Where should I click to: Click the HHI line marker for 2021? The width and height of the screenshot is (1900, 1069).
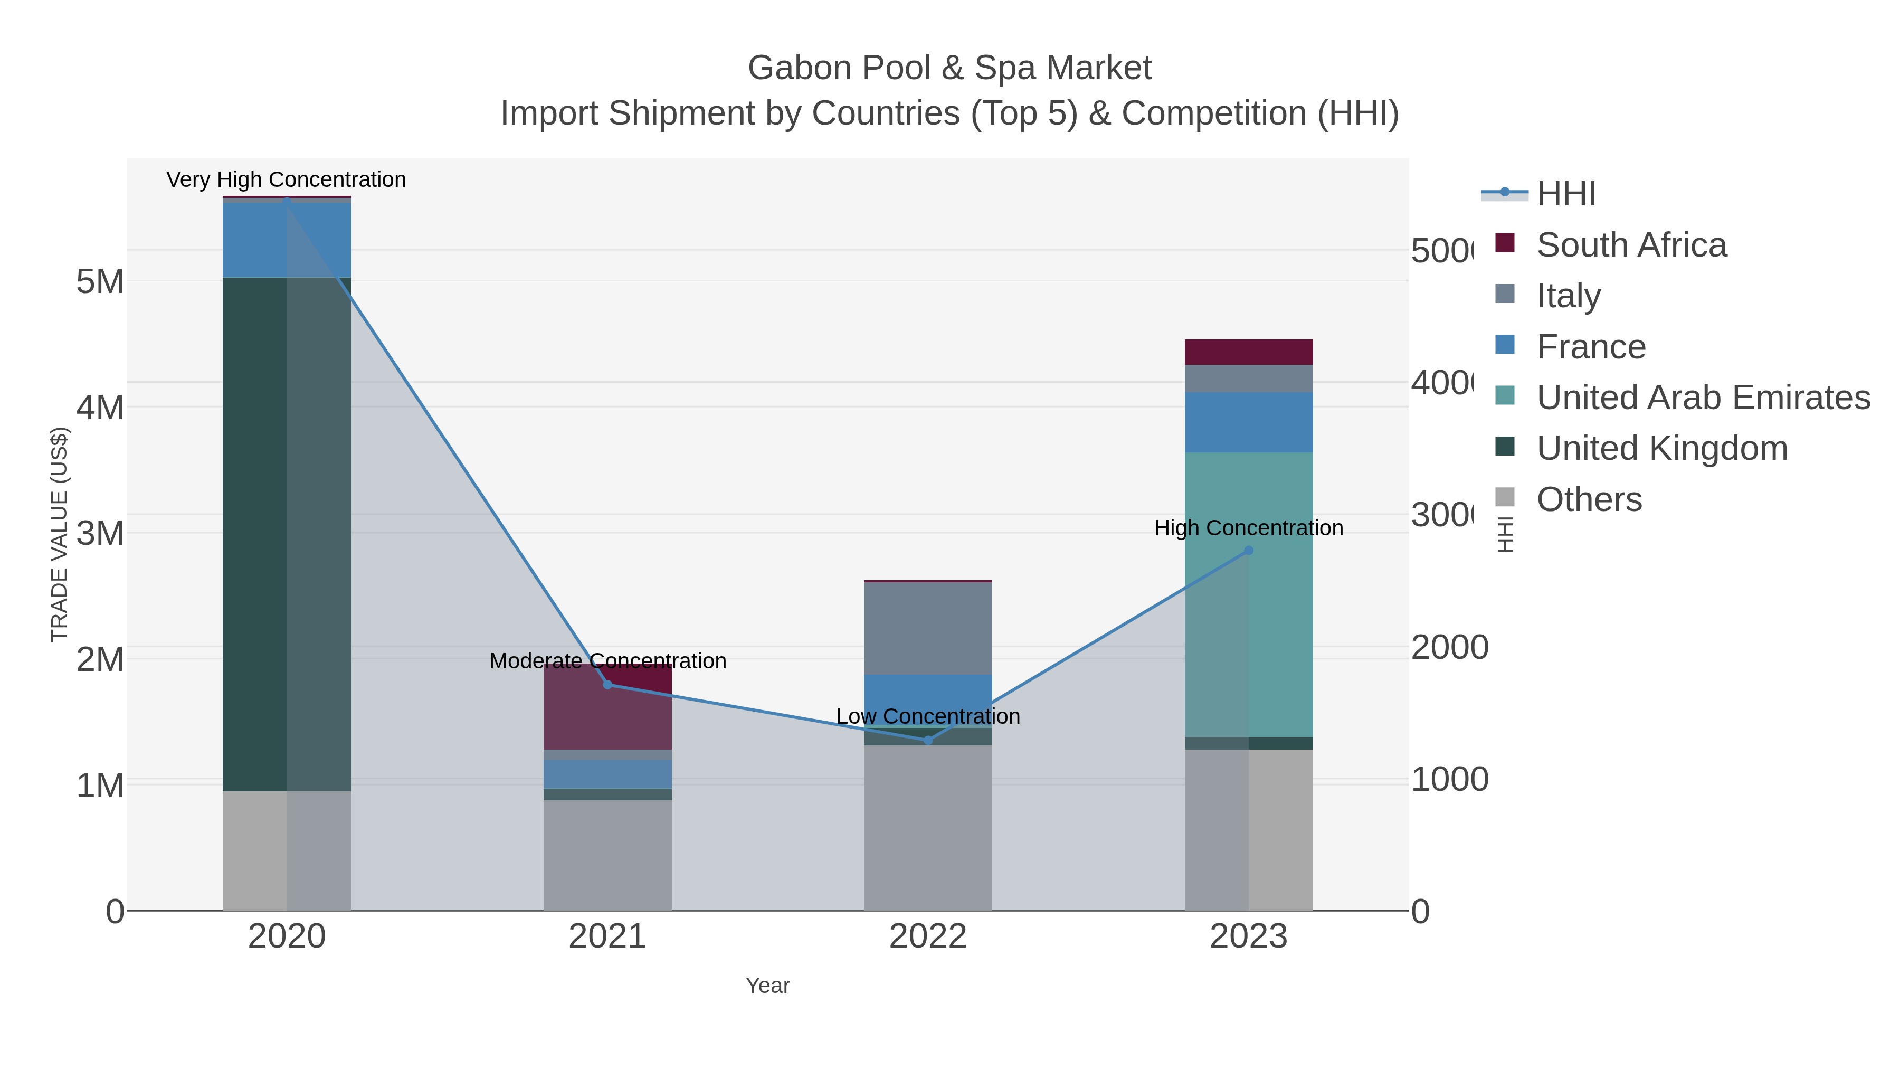click(x=608, y=685)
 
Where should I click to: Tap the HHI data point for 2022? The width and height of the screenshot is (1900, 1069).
click(x=928, y=740)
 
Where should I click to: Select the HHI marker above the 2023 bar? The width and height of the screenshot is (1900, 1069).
click(x=1249, y=551)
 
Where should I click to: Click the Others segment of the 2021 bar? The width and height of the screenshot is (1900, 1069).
click(x=608, y=855)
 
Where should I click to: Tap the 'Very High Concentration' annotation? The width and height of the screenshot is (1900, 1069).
click(x=286, y=179)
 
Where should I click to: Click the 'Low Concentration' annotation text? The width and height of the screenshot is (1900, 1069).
click(x=928, y=716)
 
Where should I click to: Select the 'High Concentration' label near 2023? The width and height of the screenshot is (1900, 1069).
click(x=1249, y=528)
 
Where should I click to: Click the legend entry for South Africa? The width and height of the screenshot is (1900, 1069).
click(x=1631, y=245)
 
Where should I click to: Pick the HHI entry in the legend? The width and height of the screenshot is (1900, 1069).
click(x=1566, y=194)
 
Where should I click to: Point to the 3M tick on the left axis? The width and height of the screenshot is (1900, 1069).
click(x=100, y=533)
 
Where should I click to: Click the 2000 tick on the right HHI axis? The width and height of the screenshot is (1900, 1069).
click(x=1449, y=647)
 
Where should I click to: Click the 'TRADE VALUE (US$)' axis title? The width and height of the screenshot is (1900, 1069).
click(x=59, y=534)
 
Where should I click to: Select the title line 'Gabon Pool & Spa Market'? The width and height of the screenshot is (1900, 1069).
click(x=949, y=68)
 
